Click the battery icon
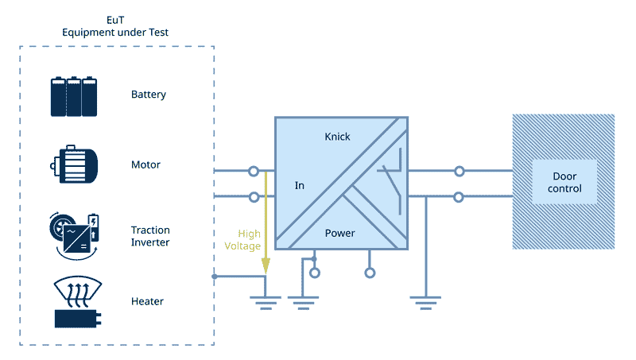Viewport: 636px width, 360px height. pyautogui.click(x=74, y=96)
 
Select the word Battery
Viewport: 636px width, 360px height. pyautogui.click(x=149, y=95)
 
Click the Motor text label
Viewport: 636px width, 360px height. pyautogui.click(x=145, y=165)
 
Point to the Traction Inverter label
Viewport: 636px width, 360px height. pyautogui.click(x=150, y=236)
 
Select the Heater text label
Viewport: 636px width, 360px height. pyautogui.click(x=147, y=302)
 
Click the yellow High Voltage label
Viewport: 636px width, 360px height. pyautogui.click(x=249, y=240)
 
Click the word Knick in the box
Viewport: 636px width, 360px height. pyautogui.click(x=337, y=137)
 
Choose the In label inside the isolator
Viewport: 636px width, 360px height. pyautogui.click(x=300, y=186)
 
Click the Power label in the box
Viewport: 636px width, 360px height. pyautogui.click(x=340, y=234)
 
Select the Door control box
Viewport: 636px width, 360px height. pyautogui.click(x=564, y=182)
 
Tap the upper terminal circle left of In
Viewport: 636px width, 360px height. pyautogui.click(x=254, y=171)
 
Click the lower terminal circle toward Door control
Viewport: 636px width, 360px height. pyautogui.click(x=459, y=196)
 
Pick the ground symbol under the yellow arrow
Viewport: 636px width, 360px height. pyautogui.click(x=265, y=301)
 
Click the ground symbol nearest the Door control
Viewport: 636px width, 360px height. pyautogui.click(x=425, y=301)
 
